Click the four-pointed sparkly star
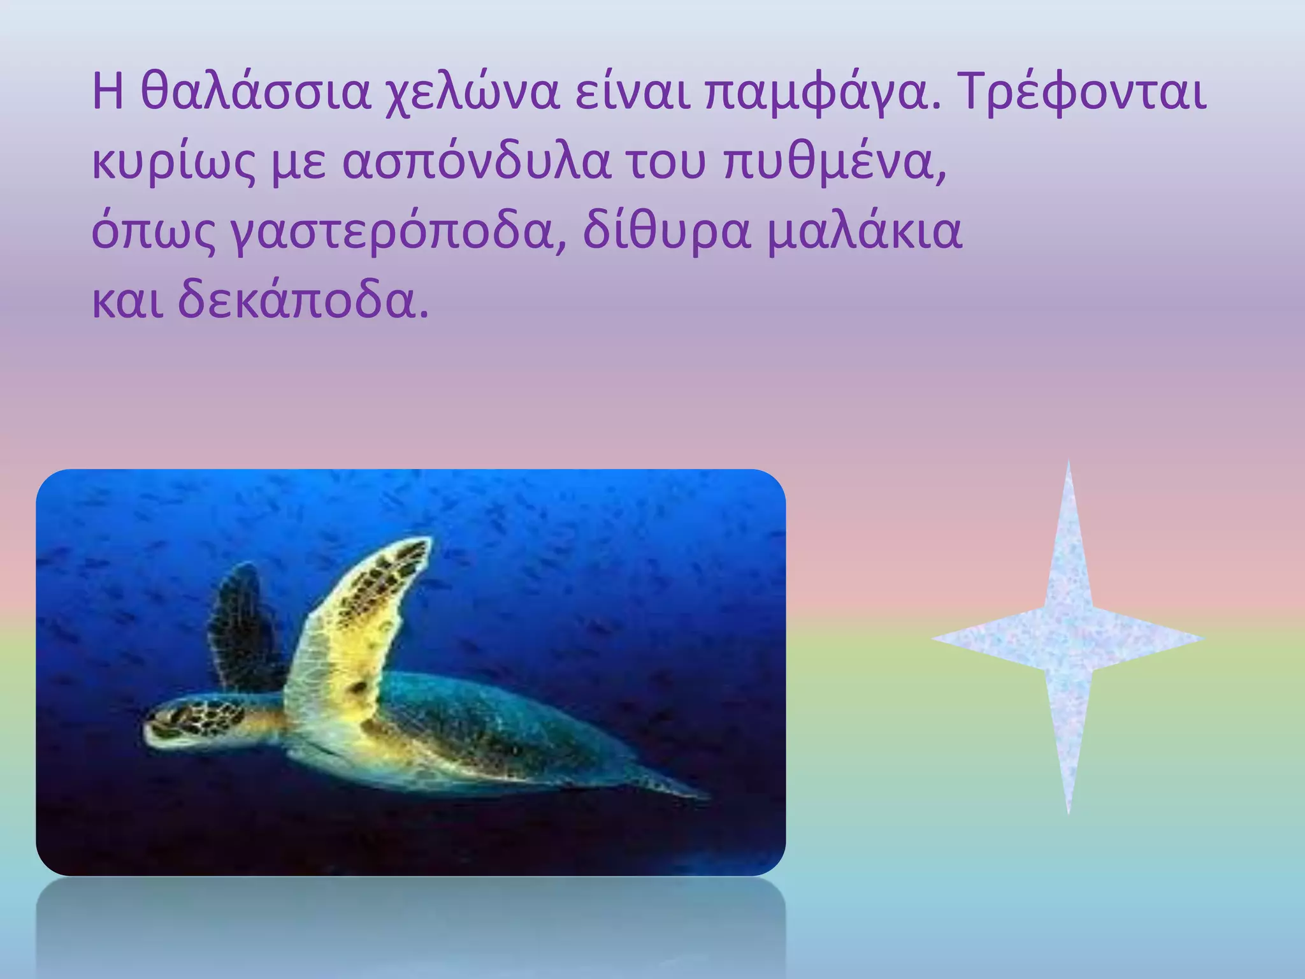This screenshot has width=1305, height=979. (1068, 637)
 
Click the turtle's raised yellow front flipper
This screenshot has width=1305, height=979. (357, 625)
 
